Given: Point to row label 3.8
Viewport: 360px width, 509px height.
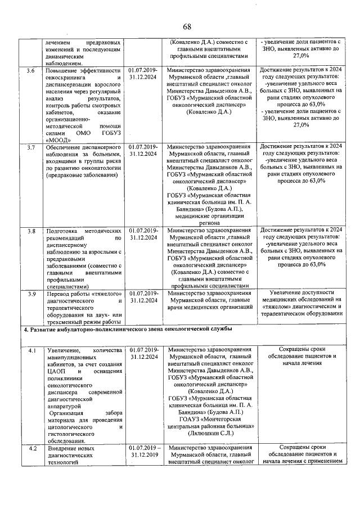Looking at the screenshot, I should [31, 231].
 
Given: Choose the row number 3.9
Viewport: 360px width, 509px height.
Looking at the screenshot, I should [31, 293].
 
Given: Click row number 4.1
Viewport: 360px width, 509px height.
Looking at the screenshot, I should [32, 350].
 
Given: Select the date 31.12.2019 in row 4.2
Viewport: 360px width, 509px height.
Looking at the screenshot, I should [143, 455].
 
